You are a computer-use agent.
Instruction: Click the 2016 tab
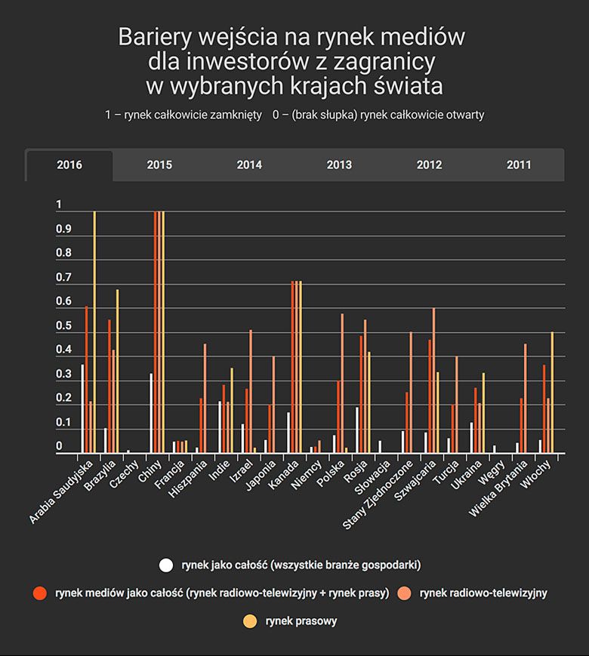(69, 165)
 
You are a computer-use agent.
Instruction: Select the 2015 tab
(159, 165)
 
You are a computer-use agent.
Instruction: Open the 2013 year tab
(339, 165)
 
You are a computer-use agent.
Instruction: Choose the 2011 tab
(519, 165)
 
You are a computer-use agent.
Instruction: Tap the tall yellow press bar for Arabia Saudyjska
(94, 332)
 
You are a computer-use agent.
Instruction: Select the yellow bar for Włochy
(552, 393)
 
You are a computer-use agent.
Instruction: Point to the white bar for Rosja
(356, 430)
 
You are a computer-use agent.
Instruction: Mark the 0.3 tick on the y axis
(63, 375)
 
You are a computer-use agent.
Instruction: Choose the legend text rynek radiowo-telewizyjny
(483, 593)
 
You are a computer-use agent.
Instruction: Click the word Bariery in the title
(155, 37)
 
